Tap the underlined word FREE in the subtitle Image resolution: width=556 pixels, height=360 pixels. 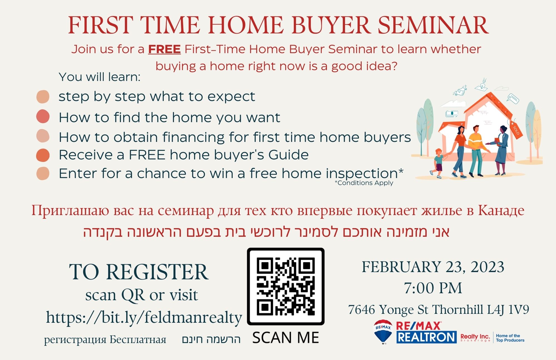click(164, 49)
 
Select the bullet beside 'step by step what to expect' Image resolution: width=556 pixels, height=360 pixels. click(43, 97)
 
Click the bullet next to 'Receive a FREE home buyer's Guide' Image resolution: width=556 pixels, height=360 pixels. click(43, 155)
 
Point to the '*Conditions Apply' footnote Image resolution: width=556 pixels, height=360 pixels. click(364, 183)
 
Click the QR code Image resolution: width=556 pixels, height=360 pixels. click(286, 287)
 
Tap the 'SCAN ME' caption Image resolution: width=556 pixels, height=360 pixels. click(286, 338)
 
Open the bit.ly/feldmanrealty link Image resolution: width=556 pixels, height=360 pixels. click(144, 318)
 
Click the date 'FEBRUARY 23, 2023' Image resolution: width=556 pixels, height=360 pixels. click(433, 267)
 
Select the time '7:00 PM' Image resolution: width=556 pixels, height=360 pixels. click(433, 288)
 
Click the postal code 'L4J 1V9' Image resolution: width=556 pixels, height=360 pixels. click(508, 310)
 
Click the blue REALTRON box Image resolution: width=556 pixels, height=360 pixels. click(426, 337)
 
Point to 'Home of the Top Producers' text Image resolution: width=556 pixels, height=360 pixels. click(510, 338)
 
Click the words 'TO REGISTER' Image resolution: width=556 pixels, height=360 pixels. click(139, 272)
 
